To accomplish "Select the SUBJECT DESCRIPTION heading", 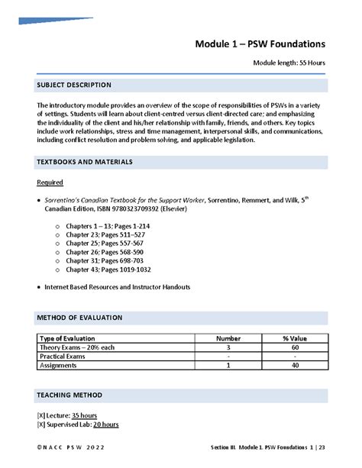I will pos(74,85).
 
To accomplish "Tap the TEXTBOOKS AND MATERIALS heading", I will pos(85,162).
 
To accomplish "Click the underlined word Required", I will pos(50,182).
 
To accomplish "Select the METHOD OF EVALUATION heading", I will pos(79,317).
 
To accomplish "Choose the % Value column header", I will pos(294,337).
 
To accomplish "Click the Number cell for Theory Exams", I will pos(228,347).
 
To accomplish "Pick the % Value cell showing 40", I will pos(294,366).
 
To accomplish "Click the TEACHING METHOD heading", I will pos(69,395).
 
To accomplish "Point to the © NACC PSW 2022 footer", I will pos(71,447).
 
